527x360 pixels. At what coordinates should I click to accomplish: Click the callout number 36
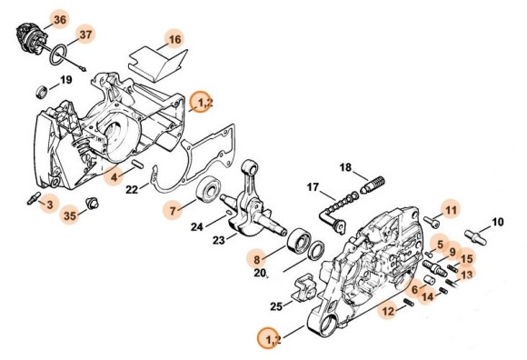(34, 19)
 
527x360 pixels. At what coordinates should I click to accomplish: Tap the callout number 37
(85, 35)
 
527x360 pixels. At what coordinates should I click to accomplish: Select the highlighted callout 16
(174, 38)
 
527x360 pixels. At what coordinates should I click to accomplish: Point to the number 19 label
(65, 81)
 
